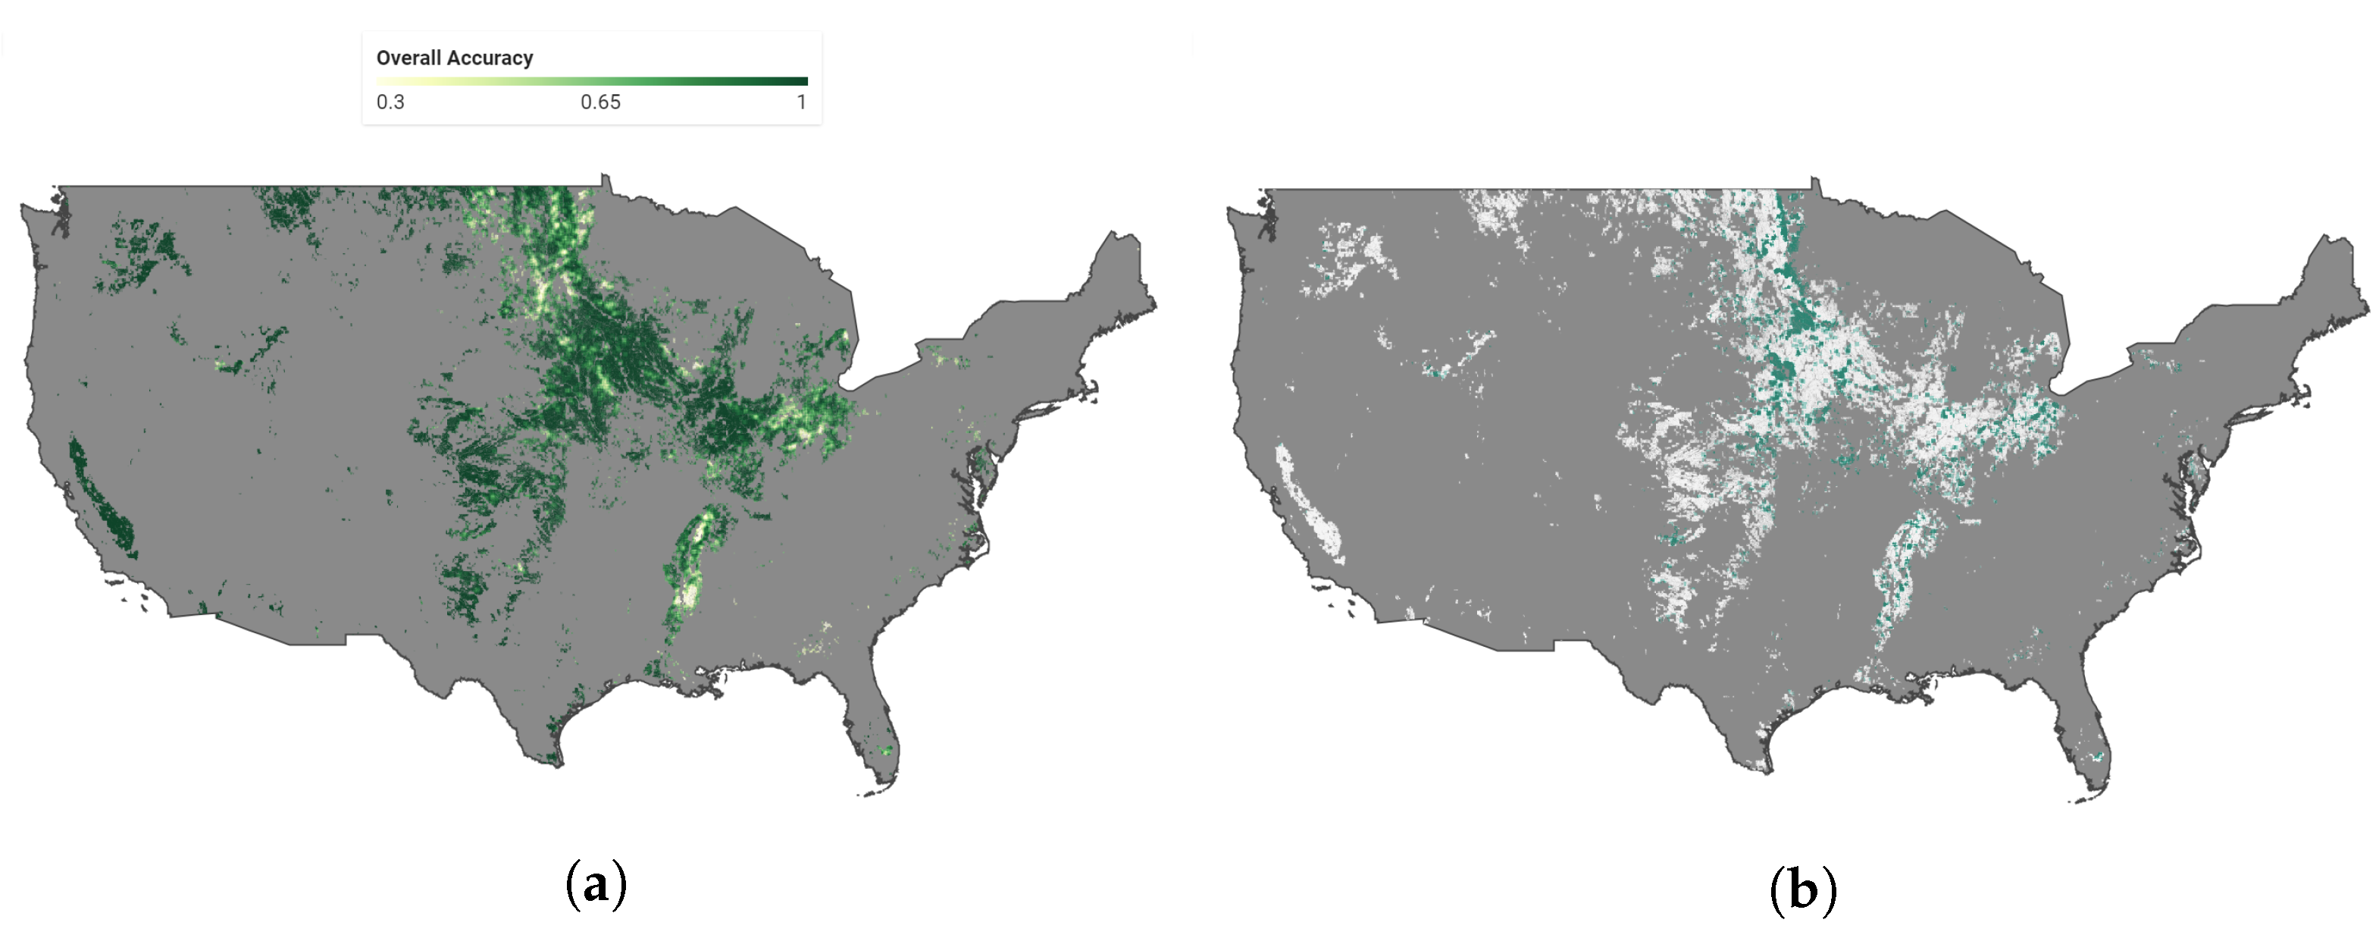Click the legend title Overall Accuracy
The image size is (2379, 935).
click(455, 58)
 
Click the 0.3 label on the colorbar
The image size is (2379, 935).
click(390, 102)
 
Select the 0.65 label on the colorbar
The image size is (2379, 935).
click(600, 102)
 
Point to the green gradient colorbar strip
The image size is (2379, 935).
click(591, 81)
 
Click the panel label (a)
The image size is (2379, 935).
click(596, 885)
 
